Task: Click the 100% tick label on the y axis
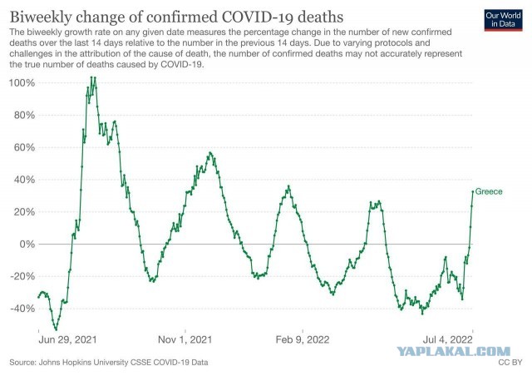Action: click(22, 83)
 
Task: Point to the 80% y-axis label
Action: click(25, 115)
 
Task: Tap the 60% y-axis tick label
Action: click(25, 147)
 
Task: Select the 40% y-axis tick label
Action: click(25, 180)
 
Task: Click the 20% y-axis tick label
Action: click(25, 212)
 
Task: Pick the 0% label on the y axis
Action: click(27, 244)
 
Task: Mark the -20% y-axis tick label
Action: click(22, 276)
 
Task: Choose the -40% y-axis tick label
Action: click(22, 309)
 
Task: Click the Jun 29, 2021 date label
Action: click(67, 339)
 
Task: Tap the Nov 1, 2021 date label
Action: click(185, 339)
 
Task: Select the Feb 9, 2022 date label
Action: click(303, 339)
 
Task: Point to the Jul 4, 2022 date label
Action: click(447, 339)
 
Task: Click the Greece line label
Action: click(489, 191)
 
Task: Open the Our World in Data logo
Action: click(503, 20)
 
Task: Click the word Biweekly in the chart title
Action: click(41, 17)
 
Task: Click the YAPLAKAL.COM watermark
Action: click(453, 352)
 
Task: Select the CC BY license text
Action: click(510, 363)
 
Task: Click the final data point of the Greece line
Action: click(473, 191)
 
